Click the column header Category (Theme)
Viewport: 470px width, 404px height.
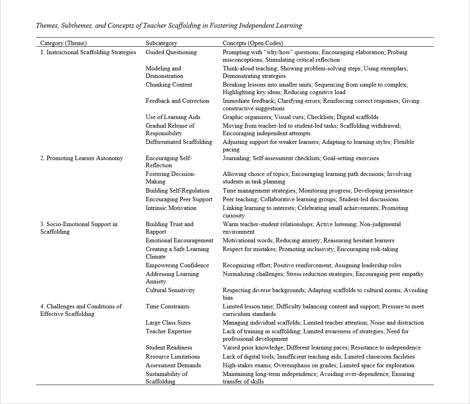[63, 43]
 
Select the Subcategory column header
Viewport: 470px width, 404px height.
[161, 43]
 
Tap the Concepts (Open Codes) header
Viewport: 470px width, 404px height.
[253, 43]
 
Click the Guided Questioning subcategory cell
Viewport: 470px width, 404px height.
[171, 52]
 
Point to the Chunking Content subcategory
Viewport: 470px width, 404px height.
[169, 85]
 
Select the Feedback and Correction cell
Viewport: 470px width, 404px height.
[177, 101]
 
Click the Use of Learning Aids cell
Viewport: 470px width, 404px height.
[173, 117]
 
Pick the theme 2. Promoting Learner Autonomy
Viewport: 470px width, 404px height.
[81, 158]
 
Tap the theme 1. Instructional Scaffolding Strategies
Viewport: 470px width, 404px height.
[88, 52]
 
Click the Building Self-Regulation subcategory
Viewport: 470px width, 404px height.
[177, 191]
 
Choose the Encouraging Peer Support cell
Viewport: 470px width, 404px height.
[179, 199]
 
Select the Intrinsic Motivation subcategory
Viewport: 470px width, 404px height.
[171, 208]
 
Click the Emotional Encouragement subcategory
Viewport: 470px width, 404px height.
[179, 240]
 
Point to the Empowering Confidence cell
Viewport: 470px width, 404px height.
[177, 265]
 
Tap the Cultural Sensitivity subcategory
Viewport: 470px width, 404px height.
[170, 290]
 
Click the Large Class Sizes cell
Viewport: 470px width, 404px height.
[168, 323]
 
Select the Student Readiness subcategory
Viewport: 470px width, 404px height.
[169, 347]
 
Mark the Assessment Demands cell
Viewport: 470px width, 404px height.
[173, 365]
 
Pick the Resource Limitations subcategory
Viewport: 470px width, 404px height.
[173, 357]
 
